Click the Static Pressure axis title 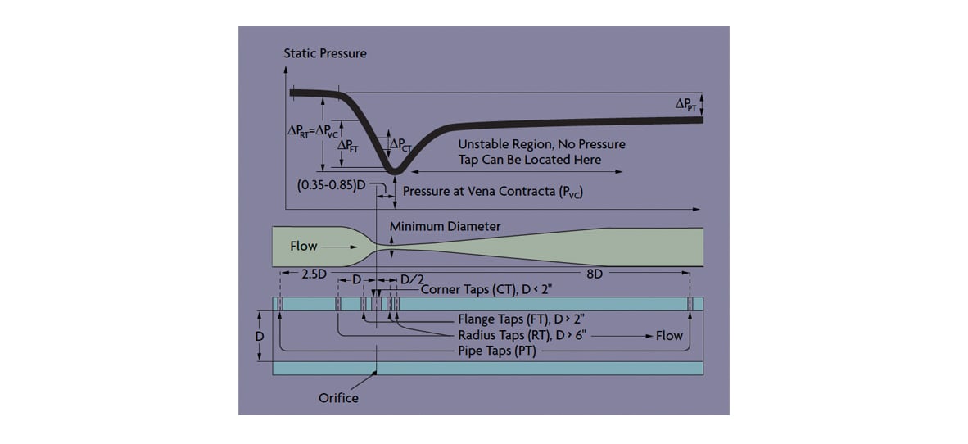(325, 53)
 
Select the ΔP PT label (685, 106)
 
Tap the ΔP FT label (349, 147)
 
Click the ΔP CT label (401, 144)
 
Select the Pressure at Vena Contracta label (493, 192)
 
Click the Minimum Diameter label (446, 227)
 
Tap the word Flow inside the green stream (303, 247)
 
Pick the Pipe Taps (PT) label (498, 351)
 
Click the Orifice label (338, 397)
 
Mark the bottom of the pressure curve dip (394, 173)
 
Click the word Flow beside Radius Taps (669, 336)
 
